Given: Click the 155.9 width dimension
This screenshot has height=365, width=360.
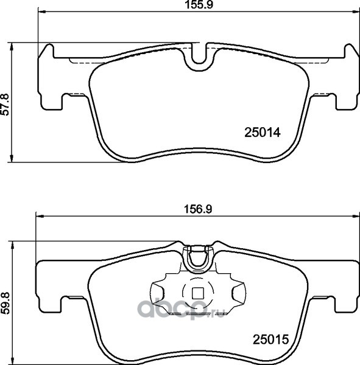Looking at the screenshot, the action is (199, 5).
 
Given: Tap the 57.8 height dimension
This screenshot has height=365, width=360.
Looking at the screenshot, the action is (5, 104).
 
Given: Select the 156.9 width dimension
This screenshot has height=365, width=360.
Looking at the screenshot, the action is (198, 209).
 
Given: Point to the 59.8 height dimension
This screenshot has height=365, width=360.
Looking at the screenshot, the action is (5, 304).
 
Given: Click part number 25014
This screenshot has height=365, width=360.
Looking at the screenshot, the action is (263, 133).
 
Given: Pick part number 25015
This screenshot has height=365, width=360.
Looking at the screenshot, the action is (270, 339).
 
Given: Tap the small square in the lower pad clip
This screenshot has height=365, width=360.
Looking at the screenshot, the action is (198, 293).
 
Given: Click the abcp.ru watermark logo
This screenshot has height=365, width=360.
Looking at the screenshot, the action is (180, 310).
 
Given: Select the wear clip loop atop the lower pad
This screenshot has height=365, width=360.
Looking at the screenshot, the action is (198, 259).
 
